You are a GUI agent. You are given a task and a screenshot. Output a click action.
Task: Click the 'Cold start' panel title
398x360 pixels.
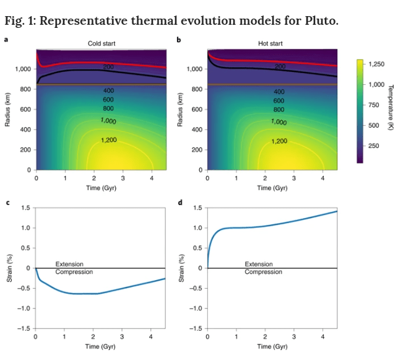(x=101, y=43)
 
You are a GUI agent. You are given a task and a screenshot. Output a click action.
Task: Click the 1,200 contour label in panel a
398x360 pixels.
(x=108, y=140)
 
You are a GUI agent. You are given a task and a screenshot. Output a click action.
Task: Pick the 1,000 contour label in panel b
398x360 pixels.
(x=279, y=121)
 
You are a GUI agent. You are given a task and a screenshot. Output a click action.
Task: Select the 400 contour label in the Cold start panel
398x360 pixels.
(x=108, y=90)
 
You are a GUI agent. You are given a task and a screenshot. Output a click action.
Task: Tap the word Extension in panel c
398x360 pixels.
(x=69, y=264)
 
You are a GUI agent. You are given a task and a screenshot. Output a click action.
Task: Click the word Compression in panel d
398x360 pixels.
(x=263, y=271)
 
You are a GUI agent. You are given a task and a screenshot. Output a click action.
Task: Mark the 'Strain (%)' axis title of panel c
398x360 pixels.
(x=9, y=268)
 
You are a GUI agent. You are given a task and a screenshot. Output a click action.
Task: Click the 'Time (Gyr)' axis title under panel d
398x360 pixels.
(x=272, y=346)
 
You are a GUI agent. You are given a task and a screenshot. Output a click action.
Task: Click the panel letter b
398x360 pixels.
(x=179, y=40)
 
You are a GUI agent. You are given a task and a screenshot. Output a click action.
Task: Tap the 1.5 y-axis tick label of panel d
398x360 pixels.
(x=197, y=208)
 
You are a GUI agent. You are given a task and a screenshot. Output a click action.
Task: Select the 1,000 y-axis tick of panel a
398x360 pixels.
(x=23, y=69)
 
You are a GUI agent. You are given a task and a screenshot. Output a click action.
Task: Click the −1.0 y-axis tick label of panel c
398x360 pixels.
(x=23, y=308)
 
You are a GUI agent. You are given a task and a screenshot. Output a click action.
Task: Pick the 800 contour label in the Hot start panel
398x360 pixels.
(x=279, y=109)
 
